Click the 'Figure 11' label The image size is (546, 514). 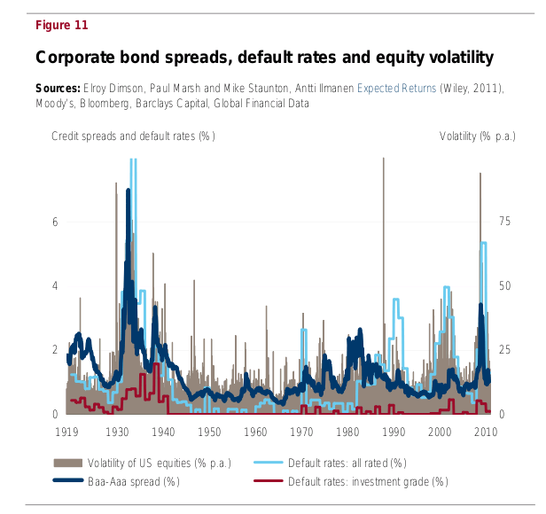pos(61,25)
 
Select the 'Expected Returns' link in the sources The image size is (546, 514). pos(396,90)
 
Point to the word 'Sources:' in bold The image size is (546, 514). pos(58,90)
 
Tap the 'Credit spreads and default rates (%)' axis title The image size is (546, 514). pos(133,136)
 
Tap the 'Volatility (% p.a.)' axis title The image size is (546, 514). pos(478,136)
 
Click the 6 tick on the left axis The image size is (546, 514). pos(55,222)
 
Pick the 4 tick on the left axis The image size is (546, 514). pos(55,286)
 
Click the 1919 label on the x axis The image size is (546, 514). pos(66,432)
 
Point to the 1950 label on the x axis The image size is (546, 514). pos(209,432)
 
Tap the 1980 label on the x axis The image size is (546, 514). pos(347,432)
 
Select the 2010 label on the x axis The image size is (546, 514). pos(485,432)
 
